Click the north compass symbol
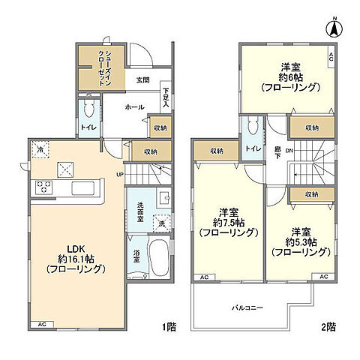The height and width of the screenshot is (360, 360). [334, 28]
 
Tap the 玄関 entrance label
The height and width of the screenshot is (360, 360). [143, 80]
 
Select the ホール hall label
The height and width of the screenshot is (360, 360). [134, 107]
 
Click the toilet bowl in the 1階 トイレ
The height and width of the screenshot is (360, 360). [88, 108]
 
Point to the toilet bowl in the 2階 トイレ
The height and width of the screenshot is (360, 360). [253, 125]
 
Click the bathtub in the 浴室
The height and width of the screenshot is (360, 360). [160, 257]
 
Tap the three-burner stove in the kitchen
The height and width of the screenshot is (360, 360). [44, 187]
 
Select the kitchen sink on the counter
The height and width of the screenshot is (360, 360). [83, 188]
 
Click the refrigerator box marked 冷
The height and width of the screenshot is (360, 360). [40, 149]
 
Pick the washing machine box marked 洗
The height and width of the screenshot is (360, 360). [162, 223]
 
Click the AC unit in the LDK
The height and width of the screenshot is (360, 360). [42, 325]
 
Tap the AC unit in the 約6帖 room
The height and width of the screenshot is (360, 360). [331, 57]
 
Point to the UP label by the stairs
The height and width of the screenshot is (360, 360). [119, 175]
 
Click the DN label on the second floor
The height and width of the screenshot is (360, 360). [289, 151]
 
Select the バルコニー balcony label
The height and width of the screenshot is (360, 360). [247, 307]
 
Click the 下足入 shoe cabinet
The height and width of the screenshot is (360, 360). [166, 97]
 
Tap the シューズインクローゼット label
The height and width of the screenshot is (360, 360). [105, 68]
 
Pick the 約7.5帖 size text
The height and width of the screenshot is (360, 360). [229, 223]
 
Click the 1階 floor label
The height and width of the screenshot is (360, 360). [169, 327]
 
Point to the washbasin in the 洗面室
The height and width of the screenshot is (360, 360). [164, 198]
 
